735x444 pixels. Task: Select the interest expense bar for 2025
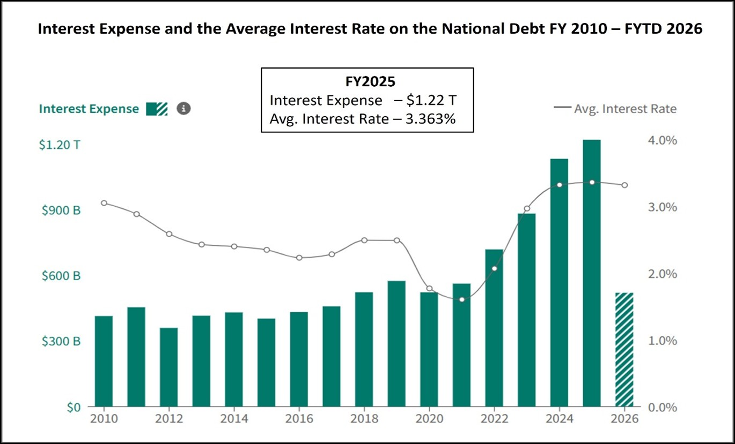592,273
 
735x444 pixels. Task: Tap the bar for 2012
169,367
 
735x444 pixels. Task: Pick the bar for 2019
396,344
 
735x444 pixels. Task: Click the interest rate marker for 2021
462,299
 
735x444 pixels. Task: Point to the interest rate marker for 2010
104,203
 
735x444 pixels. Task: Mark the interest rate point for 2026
624,185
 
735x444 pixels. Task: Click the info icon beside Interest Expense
183,109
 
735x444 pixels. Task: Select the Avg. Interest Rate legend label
625,109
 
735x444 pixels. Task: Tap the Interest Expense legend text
89,109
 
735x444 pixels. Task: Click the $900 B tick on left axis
61,210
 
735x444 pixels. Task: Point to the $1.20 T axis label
59,145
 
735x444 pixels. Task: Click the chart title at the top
370,29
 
